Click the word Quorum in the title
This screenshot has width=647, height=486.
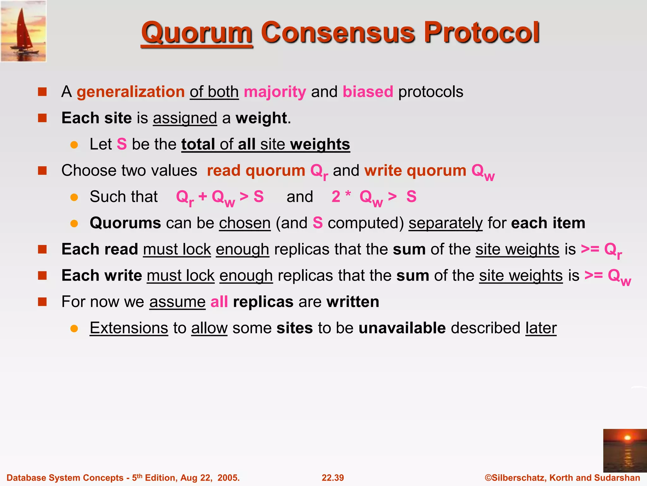pyautogui.click(x=197, y=33)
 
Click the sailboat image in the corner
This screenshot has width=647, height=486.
pyautogui.click(x=23, y=31)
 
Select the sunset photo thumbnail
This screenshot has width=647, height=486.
pyautogui.click(x=625, y=451)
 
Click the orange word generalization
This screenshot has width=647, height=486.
pyautogui.click(x=130, y=92)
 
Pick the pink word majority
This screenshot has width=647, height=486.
pyautogui.click(x=275, y=92)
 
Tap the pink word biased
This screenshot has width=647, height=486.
pyautogui.click(x=368, y=92)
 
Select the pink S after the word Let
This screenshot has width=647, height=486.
pyautogui.click(x=122, y=144)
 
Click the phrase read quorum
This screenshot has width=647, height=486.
pyautogui.click(x=256, y=171)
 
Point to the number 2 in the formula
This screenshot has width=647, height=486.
pyautogui.click(x=336, y=197)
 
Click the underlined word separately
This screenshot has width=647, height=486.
pyautogui.click(x=445, y=223)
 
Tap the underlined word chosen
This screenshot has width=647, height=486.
pyautogui.click(x=245, y=223)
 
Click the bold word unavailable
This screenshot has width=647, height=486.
pyautogui.click(x=402, y=328)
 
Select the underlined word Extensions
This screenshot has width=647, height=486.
pyautogui.click(x=129, y=328)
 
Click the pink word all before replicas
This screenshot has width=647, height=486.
pyautogui.click(x=219, y=302)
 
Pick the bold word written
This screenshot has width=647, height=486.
pyautogui.click(x=353, y=302)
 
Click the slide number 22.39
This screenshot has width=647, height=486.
pyautogui.click(x=333, y=478)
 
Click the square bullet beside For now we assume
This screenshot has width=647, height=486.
pyautogui.click(x=42, y=302)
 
